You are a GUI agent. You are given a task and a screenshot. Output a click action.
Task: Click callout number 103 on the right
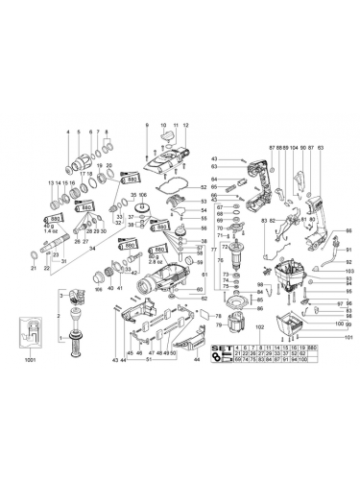[349, 272]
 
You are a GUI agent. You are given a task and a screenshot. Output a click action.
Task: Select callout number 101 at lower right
[349, 338]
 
